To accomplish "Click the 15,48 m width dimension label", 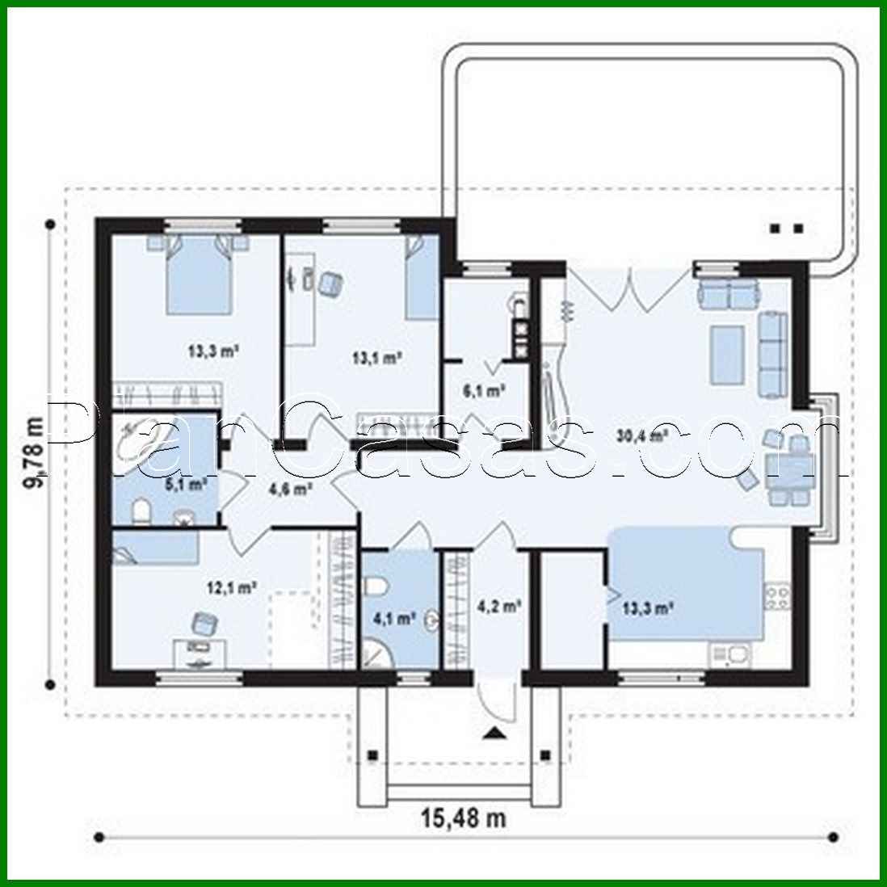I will tap(463, 818).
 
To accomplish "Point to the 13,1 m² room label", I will tap(376, 355).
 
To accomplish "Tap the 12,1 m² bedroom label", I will tap(232, 588).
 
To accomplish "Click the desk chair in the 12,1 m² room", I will tap(205, 624).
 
